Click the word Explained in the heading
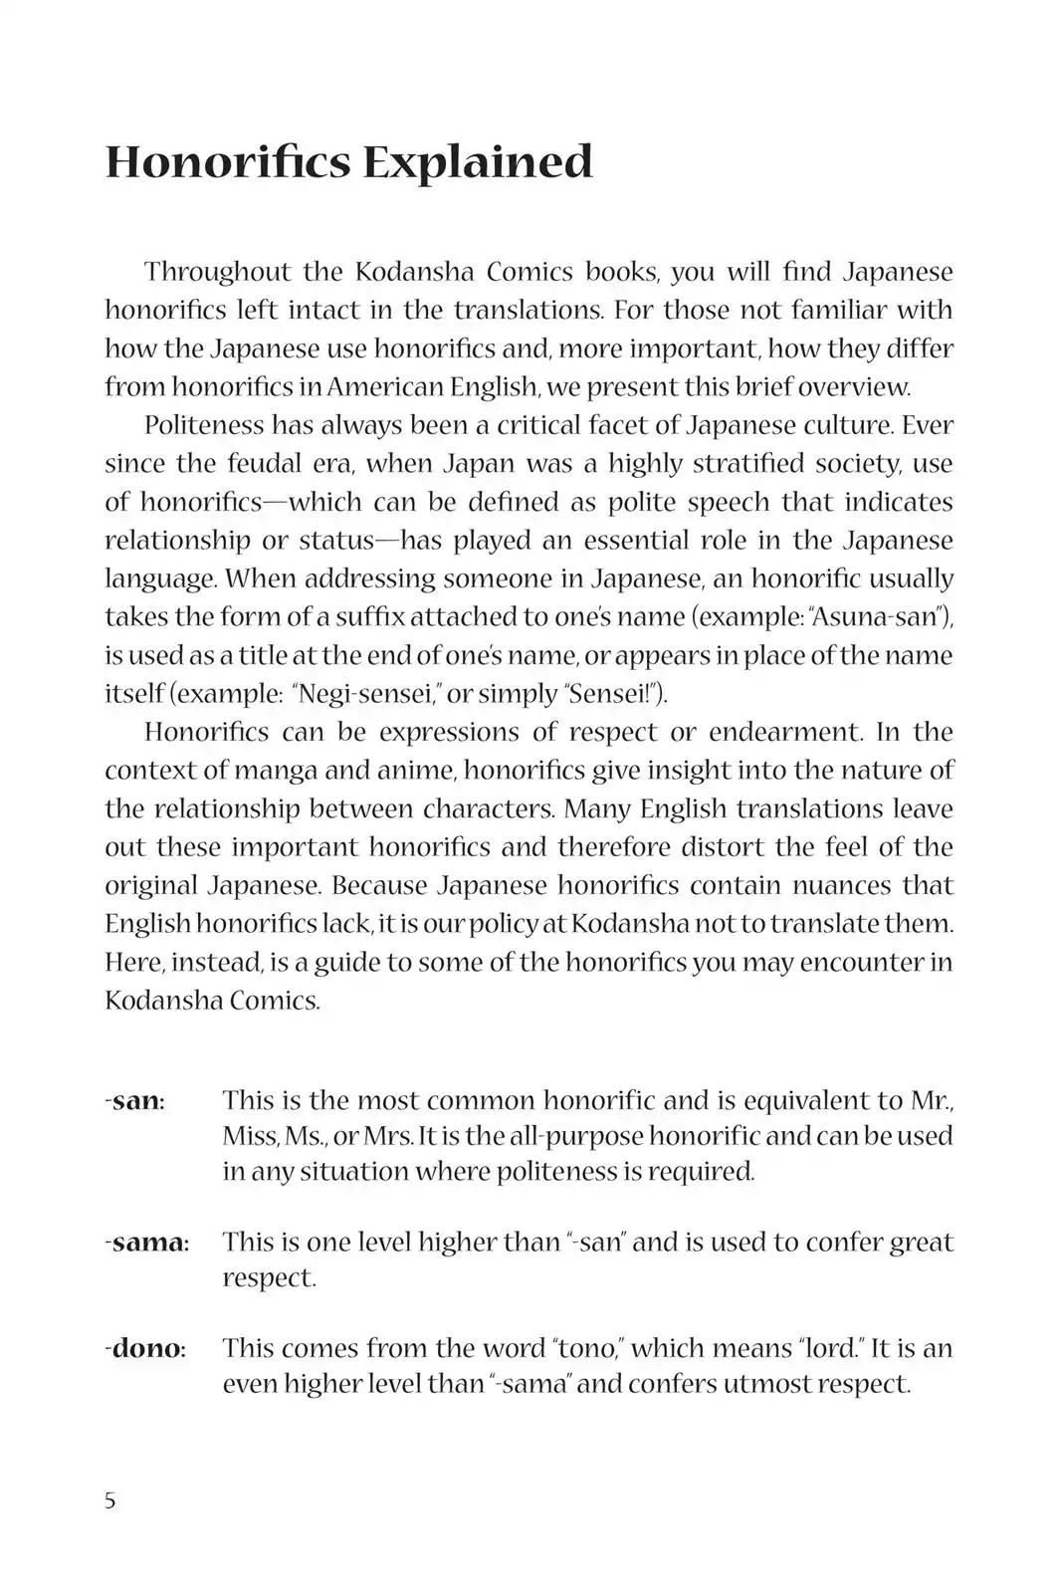477,162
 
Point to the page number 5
110,1500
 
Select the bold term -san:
135,1101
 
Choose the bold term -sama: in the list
146,1244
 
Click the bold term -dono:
145,1350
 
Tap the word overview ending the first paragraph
855,387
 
